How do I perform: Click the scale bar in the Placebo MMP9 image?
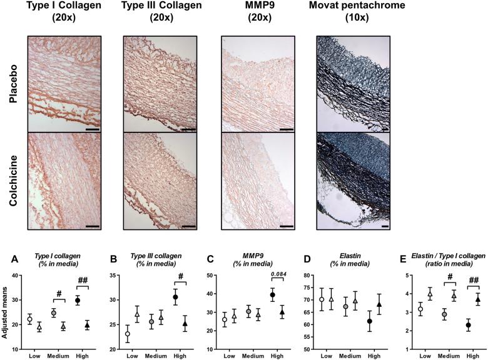(x=287, y=130)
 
